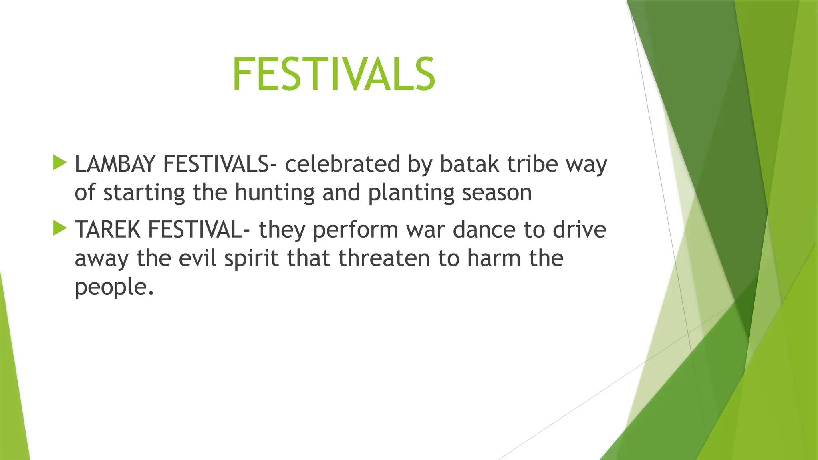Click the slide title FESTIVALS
click(x=334, y=74)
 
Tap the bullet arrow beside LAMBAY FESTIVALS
click(x=60, y=163)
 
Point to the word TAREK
click(x=107, y=230)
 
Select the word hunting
click(x=274, y=193)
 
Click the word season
click(x=497, y=193)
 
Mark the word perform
click(x=355, y=230)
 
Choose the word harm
click(x=494, y=258)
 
